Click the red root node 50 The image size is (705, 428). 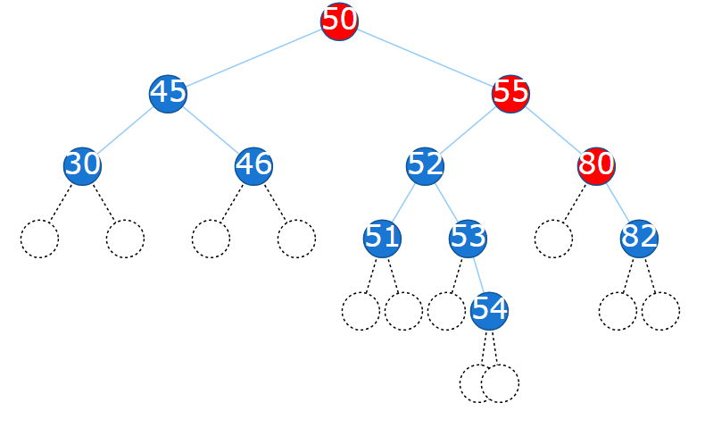[339, 21]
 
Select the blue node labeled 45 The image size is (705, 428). [168, 93]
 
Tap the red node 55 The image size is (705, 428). [510, 93]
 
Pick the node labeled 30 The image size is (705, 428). [82, 165]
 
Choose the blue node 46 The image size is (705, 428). [253, 165]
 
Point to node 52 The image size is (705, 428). [425, 165]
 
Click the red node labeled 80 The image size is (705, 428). [596, 165]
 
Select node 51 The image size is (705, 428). [382, 238]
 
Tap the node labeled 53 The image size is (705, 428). [468, 238]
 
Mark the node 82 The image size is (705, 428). [639, 238]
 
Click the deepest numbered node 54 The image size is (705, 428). [489, 310]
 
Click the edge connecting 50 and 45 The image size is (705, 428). [253, 57]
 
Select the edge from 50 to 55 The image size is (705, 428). [425, 57]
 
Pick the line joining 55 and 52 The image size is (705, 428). [468, 130]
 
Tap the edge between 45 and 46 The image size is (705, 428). [211, 130]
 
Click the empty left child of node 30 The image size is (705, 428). [39, 239]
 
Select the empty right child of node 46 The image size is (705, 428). [296, 239]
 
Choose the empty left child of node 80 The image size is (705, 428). [553, 239]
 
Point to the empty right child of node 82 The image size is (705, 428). [660, 311]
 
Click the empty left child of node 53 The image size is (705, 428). [445, 311]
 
